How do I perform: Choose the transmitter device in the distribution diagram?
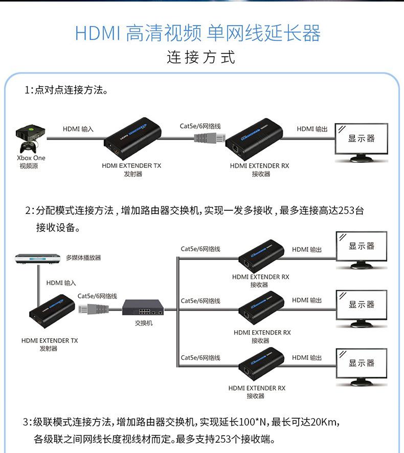click(52, 312)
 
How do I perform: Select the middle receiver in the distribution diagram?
click(261, 309)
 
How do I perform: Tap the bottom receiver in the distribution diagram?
click(261, 365)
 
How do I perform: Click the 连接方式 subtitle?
click(201, 57)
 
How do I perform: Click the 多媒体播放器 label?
click(83, 258)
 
